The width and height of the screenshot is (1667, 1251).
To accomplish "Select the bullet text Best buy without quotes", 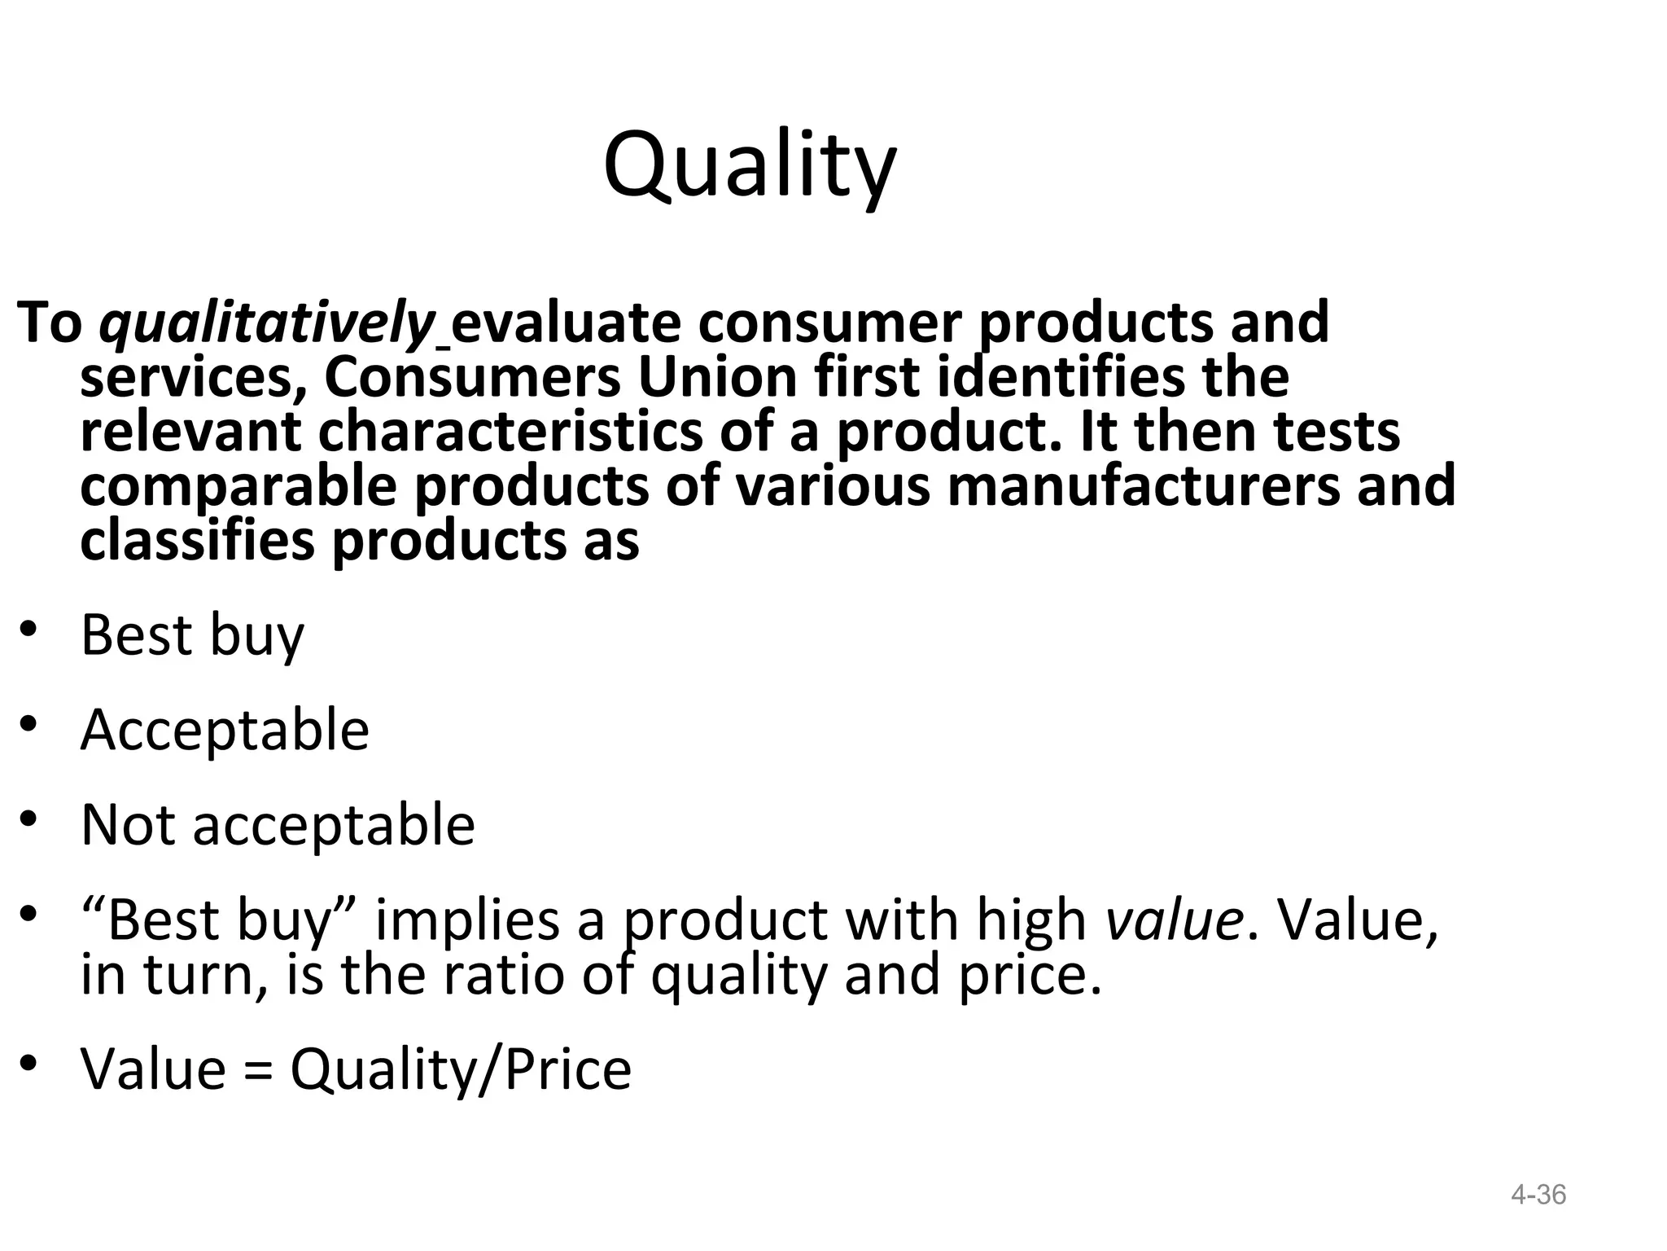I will click(x=192, y=635).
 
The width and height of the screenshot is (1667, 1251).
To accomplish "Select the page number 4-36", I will click(x=1538, y=1195).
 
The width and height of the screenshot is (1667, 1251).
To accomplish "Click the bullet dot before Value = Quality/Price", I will click(x=29, y=1063).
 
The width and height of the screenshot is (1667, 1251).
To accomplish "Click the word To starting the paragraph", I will click(x=49, y=323).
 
